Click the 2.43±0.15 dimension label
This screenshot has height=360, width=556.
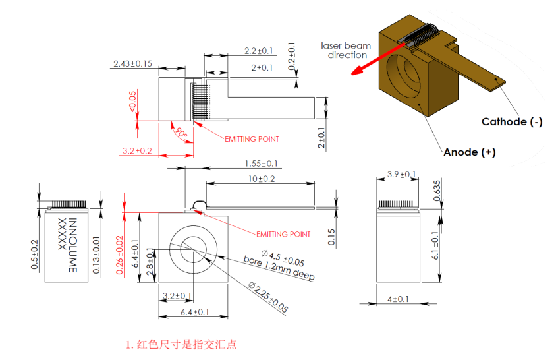tap(132, 64)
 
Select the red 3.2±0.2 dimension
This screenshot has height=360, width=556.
tap(137, 151)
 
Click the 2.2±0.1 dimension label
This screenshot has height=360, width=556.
tap(258, 51)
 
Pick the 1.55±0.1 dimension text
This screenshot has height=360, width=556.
tap(262, 164)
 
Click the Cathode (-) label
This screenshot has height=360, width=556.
tap(512, 121)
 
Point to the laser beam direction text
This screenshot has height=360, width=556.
tap(346, 51)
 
